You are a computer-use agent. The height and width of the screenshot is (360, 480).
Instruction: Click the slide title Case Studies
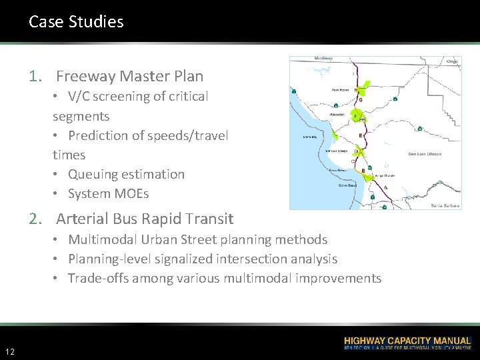point(76,22)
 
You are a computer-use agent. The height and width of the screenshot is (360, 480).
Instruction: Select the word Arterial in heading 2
point(83,219)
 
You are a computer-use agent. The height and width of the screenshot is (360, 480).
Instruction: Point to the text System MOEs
point(108,193)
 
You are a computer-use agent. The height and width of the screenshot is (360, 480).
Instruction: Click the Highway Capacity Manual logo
point(407,343)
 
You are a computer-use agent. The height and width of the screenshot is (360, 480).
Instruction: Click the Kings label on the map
point(453,61)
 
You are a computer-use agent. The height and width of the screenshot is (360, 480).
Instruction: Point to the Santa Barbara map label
point(445,206)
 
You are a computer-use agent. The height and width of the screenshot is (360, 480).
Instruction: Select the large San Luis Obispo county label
point(424,154)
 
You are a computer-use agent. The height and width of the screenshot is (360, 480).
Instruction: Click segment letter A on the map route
point(386,188)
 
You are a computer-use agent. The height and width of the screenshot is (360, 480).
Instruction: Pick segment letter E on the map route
point(361,135)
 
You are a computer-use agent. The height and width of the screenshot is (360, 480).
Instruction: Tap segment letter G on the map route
point(361,100)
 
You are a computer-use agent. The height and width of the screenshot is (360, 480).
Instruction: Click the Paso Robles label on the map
point(340,89)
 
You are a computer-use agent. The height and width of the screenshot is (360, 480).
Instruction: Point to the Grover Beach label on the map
point(347,185)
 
